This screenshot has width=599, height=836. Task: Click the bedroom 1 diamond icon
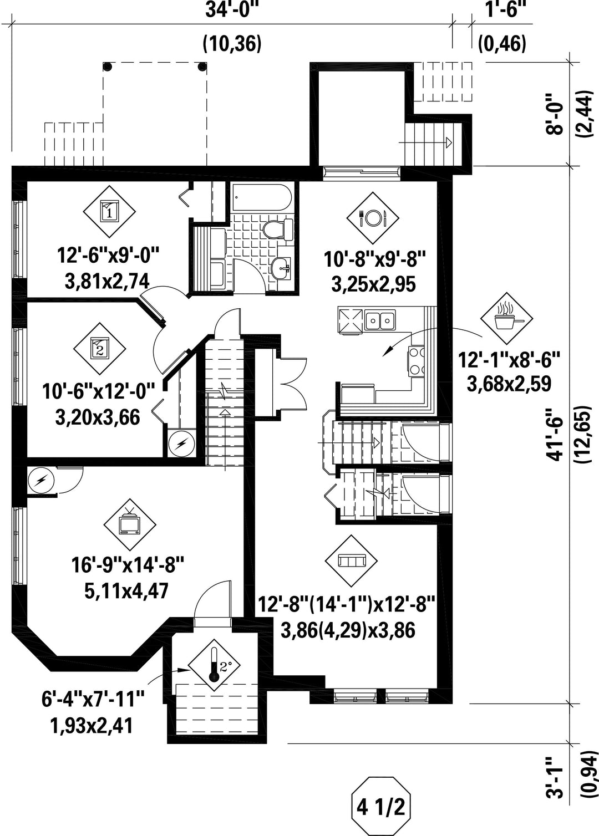pyautogui.click(x=109, y=212)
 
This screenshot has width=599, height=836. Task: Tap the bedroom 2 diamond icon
pyautogui.click(x=99, y=349)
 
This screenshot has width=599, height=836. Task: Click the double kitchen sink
pyautogui.click(x=380, y=319)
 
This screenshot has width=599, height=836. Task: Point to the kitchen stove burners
pyautogui.click(x=417, y=361)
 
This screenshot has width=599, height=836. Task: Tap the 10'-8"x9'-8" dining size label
pyautogui.click(x=374, y=259)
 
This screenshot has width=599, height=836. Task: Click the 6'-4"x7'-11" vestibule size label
pyautogui.click(x=93, y=811)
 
